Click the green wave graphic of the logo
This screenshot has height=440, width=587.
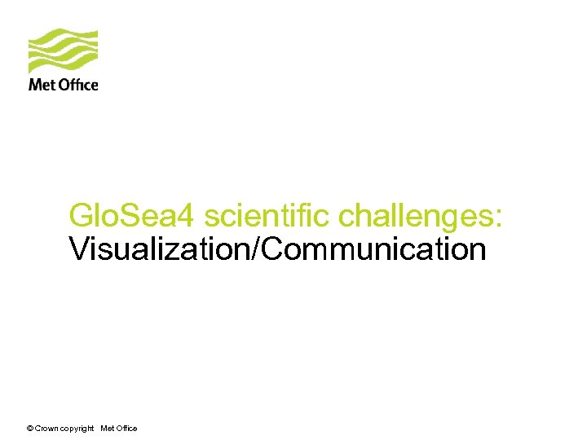(x=63, y=51)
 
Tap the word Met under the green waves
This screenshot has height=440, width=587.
(x=40, y=84)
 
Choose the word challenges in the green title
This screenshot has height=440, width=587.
(x=417, y=217)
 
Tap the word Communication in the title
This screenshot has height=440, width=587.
(x=374, y=249)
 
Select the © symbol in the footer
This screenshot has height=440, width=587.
(x=30, y=429)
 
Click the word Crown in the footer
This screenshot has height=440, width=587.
(x=46, y=429)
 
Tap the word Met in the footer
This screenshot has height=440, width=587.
(x=107, y=429)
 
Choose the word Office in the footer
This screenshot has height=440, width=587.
(x=126, y=429)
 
